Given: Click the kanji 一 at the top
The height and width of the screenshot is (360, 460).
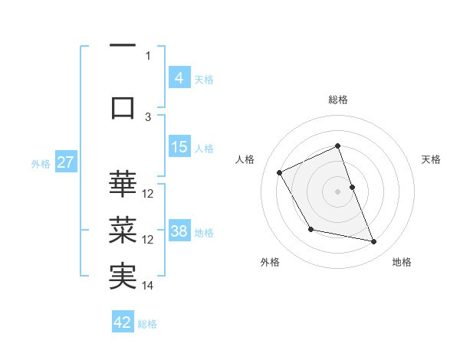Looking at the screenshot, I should pyautogui.click(x=123, y=46).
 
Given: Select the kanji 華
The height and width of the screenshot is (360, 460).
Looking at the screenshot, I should pyautogui.click(x=123, y=185).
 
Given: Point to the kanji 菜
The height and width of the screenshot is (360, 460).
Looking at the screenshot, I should pyautogui.click(x=123, y=230).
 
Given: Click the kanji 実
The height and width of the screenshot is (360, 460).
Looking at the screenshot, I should pyautogui.click(x=123, y=277).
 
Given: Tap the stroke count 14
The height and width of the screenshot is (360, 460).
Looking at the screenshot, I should pyautogui.click(x=148, y=286).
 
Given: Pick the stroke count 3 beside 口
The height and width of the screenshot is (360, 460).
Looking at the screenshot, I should pyautogui.click(x=149, y=116).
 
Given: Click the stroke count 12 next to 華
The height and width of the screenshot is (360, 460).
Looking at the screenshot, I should pyautogui.click(x=148, y=194).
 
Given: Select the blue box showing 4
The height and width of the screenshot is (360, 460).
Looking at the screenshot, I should pyautogui.click(x=179, y=78).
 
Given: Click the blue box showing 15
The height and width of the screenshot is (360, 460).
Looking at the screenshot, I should pyautogui.click(x=179, y=147).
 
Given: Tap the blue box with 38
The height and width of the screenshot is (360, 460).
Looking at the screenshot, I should pyautogui.click(x=179, y=231).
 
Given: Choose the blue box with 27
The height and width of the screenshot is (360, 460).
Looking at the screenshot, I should pyautogui.click(x=66, y=162).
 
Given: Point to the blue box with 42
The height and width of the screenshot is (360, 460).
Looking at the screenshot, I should pyautogui.click(x=123, y=322).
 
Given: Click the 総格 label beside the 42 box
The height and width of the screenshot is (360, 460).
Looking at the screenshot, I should pyautogui.click(x=147, y=324).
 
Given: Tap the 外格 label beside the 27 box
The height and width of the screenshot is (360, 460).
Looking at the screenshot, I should pyautogui.click(x=41, y=163).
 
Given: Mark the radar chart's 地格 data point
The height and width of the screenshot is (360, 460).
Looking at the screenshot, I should pyautogui.click(x=374, y=242).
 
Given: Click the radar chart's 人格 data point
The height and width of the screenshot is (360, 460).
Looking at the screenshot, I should pyautogui.click(x=280, y=173).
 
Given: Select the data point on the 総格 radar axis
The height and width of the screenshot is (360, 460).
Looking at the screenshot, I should pyautogui.click(x=337, y=146).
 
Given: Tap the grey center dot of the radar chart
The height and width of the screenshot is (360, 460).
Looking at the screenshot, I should pyautogui.click(x=337, y=191).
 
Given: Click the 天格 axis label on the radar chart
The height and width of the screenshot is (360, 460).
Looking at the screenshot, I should pyautogui.click(x=431, y=159).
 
